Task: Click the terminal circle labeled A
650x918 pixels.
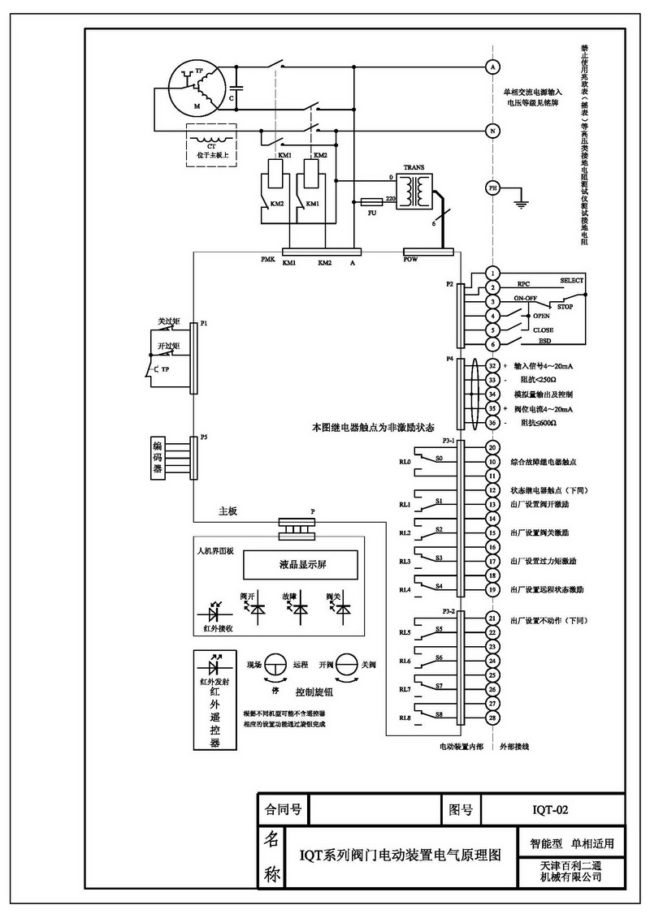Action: click(492, 65)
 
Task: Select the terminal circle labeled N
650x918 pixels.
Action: click(492, 130)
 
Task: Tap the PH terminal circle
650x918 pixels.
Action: click(492, 187)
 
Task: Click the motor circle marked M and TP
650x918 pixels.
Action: click(197, 87)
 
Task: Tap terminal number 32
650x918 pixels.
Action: click(492, 366)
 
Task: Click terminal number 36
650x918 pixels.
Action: click(492, 423)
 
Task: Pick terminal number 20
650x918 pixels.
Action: click(492, 447)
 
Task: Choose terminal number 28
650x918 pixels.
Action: click(492, 718)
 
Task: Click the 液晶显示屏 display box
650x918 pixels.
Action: click(301, 562)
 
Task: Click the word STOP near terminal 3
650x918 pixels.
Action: click(565, 307)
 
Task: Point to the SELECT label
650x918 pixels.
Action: click(572, 281)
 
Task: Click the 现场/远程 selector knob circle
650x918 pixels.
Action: click(276, 665)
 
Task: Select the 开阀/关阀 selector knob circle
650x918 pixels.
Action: click(348, 665)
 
